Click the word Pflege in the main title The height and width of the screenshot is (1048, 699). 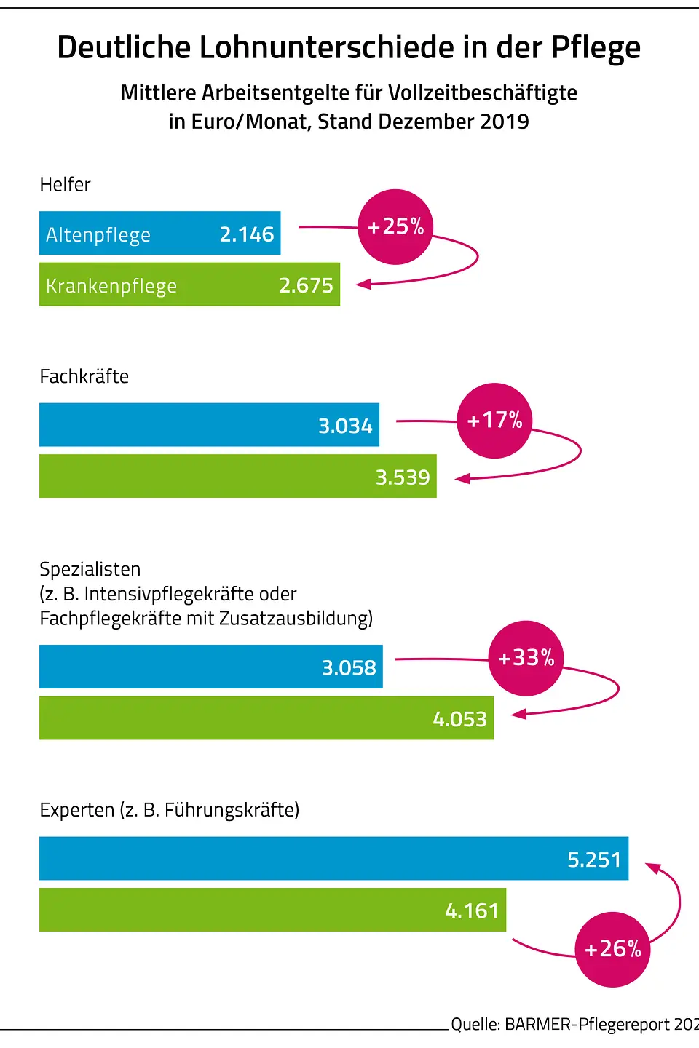click(x=595, y=48)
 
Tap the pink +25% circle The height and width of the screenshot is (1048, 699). click(x=395, y=227)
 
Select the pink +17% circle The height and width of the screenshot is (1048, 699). click(x=494, y=421)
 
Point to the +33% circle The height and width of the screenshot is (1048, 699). click(x=526, y=658)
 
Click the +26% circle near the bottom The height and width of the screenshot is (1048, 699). click(x=612, y=949)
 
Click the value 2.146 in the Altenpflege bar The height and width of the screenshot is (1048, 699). click(x=247, y=234)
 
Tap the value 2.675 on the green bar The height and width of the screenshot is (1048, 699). click(x=306, y=285)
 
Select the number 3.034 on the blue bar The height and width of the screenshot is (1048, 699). click(x=345, y=426)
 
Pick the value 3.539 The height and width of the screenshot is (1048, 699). click(x=403, y=477)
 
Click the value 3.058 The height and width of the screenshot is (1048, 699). click(x=349, y=668)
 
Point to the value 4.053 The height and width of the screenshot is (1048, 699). click(x=459, y=719)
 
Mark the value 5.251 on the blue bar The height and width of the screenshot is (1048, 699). click(x=594, y=860)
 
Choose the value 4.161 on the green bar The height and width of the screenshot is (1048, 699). click(x=472, y=910)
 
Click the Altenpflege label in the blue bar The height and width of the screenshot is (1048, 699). click(x=98, y=235)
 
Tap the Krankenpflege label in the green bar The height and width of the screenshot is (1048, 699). click(x=111, y=286)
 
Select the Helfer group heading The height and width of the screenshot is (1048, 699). click(x=65, y=185)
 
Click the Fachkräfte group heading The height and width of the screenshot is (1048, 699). click(x=84, y=376)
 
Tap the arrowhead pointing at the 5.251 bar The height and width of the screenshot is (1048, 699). click(x=653, y=868)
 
